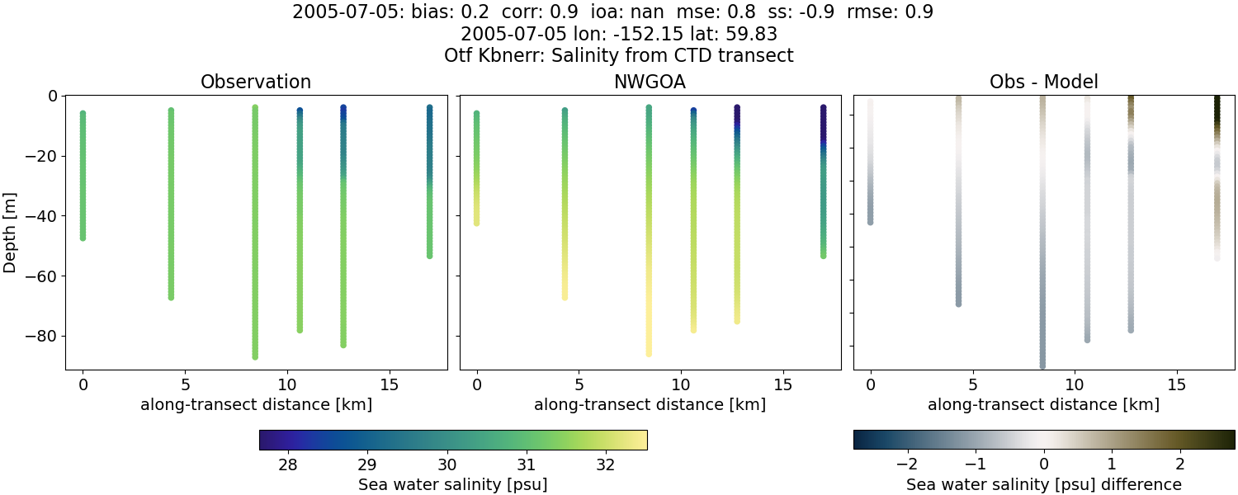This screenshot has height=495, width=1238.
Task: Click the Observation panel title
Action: pos(256,82)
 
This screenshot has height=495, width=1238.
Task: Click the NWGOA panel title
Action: pos(650,82)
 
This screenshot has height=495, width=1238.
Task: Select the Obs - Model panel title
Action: pos(1043,82)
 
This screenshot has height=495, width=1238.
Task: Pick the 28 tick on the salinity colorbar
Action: pos(287,464)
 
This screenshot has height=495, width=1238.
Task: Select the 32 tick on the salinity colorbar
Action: pos(605,464)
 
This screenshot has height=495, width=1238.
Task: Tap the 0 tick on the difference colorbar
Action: pos(1043,464)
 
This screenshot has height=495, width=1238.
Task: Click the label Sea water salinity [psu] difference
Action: pos(1043,484)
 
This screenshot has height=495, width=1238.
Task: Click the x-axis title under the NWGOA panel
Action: pos(650,404)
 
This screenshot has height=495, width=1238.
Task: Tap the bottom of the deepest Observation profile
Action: pos(255,356)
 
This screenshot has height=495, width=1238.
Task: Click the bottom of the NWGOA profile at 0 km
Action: pos(476,223)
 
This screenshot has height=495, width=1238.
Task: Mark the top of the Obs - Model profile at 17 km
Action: pos(1217,99)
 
